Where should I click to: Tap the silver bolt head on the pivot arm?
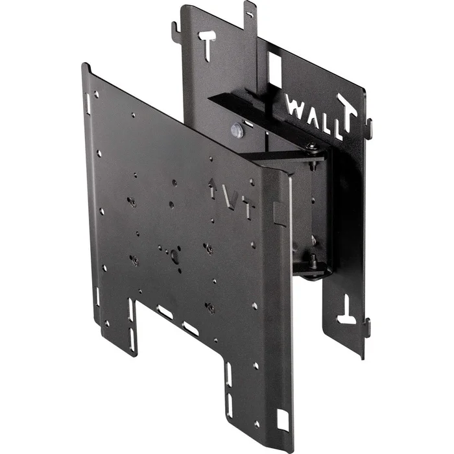(237, 130)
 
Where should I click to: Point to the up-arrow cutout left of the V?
(212, 189)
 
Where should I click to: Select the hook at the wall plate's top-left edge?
(175, 29)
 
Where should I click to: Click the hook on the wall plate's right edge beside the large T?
(369, 127)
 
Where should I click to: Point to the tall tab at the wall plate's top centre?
(249, 13)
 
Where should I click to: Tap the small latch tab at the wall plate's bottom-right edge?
(367, 328)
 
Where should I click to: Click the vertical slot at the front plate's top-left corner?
(88, 102)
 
